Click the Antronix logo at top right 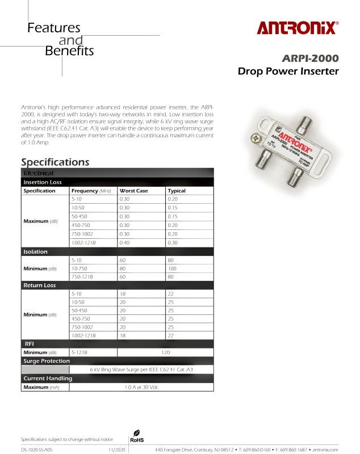(298, 28)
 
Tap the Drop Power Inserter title (288, 72)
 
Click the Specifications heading (55, 162)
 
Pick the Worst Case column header (133, 191)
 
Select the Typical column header (177, 191)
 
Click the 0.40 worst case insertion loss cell (124, 242)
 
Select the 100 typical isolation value (173, 268)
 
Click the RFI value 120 (166, 352)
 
